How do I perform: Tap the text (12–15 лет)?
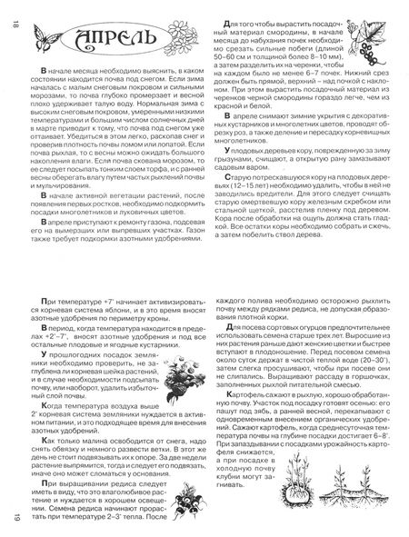pos(247,207)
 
